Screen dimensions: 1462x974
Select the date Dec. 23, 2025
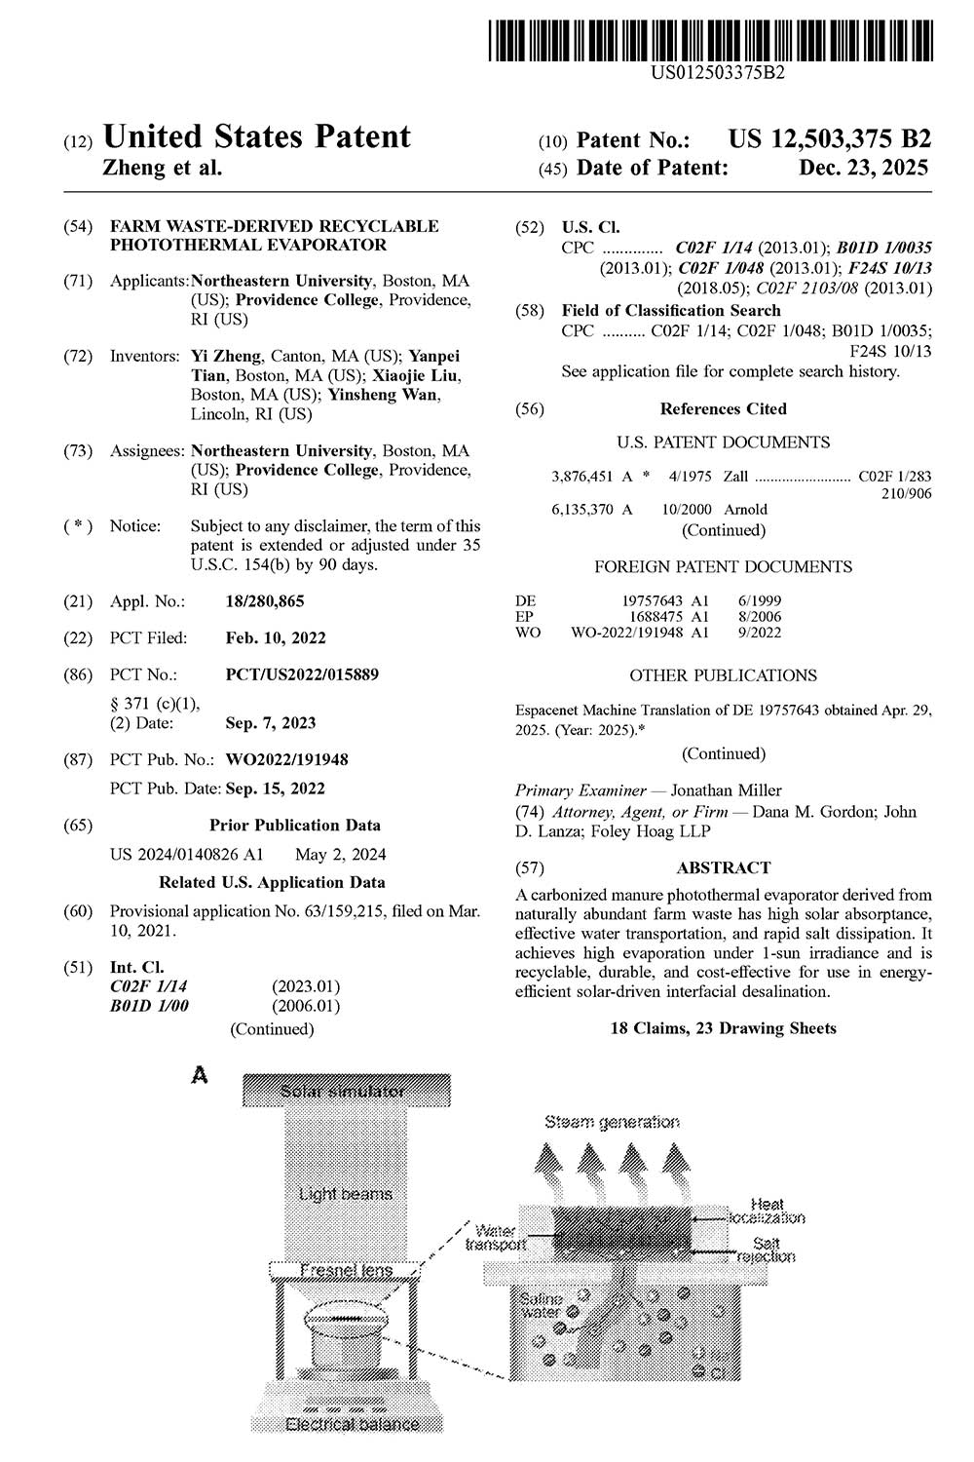pos(864,168)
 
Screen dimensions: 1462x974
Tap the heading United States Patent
pos(256,136)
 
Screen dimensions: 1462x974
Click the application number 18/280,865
pos(265,601)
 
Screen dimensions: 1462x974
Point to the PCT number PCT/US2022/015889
pos(302,674)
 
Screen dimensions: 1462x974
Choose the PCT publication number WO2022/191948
pos(286,759)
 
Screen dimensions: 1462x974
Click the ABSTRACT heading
pos(724,867)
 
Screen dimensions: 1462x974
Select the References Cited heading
pos(724,409)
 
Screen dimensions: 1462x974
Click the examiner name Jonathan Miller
pos(726,790)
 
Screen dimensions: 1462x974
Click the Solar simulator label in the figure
pos(343,1091)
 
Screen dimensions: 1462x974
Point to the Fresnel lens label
pos(346,1270)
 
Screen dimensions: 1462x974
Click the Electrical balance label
pos(352,1424)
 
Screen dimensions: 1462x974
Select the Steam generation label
pos(613,1122)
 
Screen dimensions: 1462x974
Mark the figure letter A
pos(201,1076)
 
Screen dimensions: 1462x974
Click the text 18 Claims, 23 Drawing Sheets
pos(724,1028)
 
